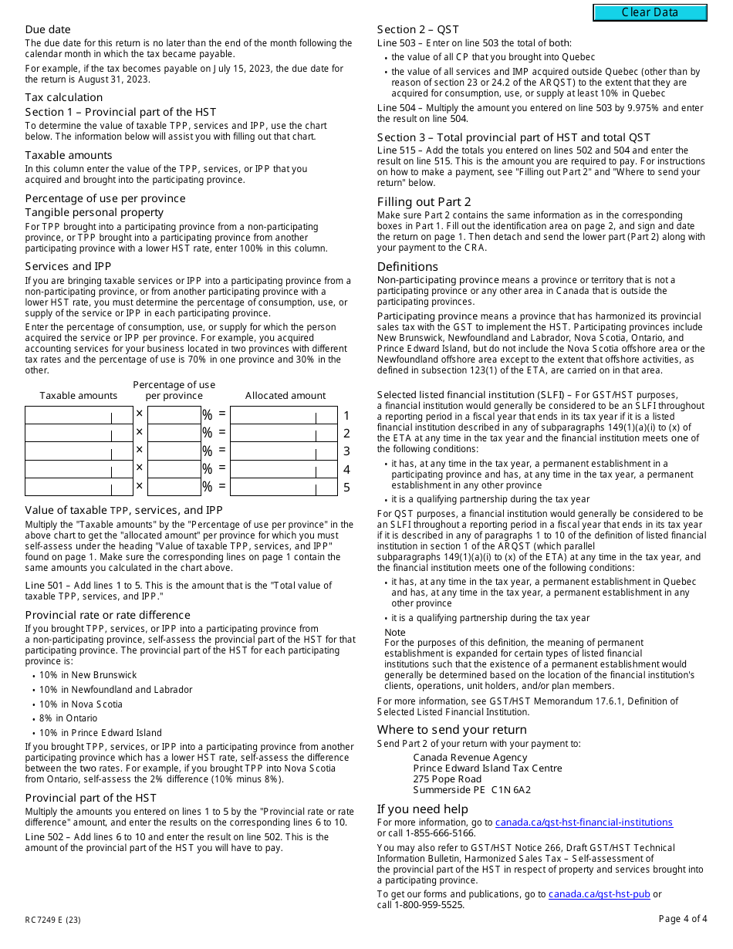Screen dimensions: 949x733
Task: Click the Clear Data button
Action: (x=650, y=12)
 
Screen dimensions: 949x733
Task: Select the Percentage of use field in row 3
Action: (x=174, y=451)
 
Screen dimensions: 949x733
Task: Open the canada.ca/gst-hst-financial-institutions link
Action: (x=583, y=822)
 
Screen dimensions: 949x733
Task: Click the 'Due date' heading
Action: (x=48, y=29)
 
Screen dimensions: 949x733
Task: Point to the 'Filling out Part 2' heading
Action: (x=424, y=202)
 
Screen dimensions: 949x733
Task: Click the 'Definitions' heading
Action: (x=407, y=267)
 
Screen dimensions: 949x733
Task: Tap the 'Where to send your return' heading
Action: (x=451, y=730)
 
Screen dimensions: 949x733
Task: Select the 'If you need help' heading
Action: (x=422, y=809)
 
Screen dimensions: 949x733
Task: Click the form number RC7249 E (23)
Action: (x=52, y=920)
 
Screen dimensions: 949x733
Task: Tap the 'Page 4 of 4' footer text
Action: (x=683, y=919)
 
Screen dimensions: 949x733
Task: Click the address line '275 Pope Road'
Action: (x=447, y=779)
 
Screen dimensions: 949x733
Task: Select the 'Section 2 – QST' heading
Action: (x=417, y=29)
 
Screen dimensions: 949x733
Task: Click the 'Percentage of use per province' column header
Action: (x=174, y=390)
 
